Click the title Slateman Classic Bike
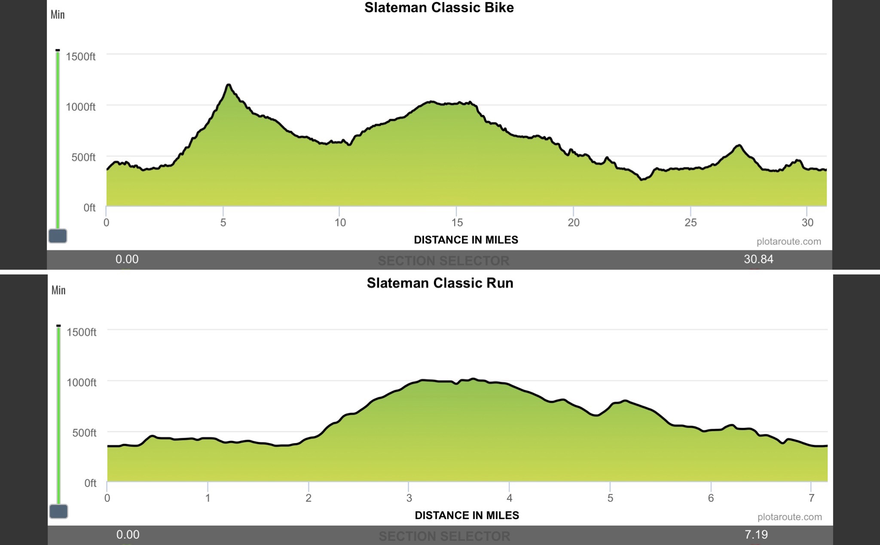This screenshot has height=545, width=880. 439,8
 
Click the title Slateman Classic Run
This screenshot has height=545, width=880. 440,283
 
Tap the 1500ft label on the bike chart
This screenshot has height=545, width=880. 80,57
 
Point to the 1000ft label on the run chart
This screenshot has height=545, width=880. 81,382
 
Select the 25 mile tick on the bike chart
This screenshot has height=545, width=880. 691,222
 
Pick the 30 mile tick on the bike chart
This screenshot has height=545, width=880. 807,222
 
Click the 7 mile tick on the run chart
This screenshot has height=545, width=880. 811,498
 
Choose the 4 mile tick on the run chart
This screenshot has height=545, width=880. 509,498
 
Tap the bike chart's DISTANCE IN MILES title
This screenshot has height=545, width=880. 466,240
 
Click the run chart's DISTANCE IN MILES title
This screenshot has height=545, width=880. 467,515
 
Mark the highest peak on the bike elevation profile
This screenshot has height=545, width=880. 228,85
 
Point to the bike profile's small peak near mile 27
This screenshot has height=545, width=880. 739,146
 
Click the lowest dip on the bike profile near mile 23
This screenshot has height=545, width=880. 642,179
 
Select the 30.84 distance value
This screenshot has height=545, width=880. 758,259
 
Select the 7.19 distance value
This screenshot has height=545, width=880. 756,535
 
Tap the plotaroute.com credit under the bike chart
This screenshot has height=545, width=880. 788,242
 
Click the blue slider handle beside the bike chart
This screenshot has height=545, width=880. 58,236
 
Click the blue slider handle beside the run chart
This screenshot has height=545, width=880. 58,511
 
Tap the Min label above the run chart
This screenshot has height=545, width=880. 58,290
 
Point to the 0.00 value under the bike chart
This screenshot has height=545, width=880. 127,259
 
